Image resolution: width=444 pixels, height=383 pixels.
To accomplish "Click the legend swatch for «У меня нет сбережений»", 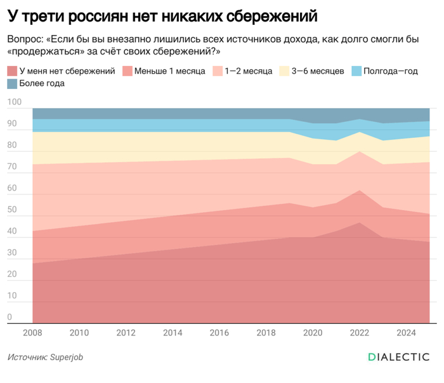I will tap(12, 71).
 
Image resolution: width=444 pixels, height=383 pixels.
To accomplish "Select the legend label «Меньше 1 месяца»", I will tap(170, 71).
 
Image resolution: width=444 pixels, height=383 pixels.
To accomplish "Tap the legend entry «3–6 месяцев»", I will tap(317, 71).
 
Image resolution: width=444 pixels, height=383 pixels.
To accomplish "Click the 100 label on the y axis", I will tap(14, 102).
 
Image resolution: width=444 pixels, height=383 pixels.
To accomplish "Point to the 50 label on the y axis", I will tap(12, 210).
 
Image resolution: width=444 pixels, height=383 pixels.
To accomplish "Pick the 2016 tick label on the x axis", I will tap(219, 332).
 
